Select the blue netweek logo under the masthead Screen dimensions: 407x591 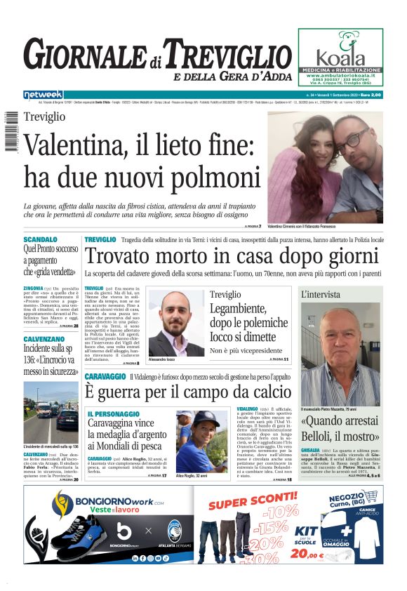[x=43, y=95]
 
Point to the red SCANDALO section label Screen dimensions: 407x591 [x=41, y=239]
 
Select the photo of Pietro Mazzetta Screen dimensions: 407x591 [x=340, y=354]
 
